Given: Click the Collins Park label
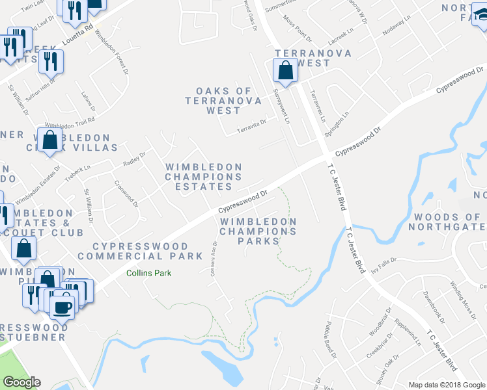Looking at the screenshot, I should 149,273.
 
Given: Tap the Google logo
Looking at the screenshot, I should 21,382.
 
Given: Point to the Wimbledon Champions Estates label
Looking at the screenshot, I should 204,177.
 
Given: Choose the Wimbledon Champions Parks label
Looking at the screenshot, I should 258,231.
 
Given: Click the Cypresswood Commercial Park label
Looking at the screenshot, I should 141,252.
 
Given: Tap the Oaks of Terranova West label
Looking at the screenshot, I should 223,101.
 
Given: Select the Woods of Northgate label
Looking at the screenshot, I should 447,222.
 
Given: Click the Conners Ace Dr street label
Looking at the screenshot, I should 214,259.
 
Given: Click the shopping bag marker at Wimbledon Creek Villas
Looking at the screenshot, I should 50,140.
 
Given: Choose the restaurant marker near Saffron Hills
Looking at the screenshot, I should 49,62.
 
